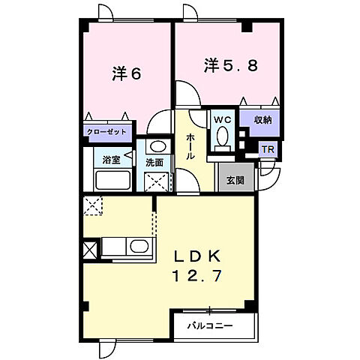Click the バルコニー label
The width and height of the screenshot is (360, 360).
[210, 326]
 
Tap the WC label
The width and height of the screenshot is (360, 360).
[222, 118]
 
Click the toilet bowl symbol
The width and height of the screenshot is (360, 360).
[223, 136]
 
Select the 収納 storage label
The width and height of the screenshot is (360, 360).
[262, 119]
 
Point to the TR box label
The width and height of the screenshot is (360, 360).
[267, 149]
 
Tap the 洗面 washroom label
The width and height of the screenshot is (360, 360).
[155, 161]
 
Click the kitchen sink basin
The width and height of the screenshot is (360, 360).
[138, 247]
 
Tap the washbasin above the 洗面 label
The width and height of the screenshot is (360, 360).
[156, 146]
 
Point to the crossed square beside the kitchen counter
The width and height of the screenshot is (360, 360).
[91, 250]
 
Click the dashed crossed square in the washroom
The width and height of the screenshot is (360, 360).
[157, 180]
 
